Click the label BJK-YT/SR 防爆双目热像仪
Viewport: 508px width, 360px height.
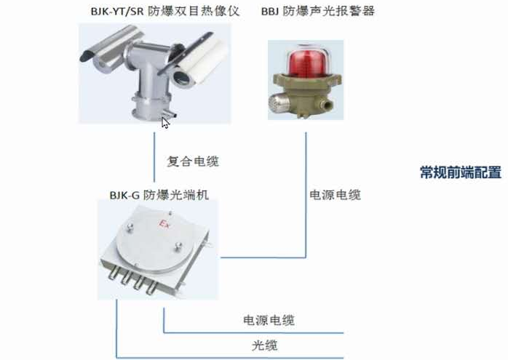(165, 12)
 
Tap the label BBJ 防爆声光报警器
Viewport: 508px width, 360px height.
(318, 12)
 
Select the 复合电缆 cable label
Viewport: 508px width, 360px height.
(193, 161)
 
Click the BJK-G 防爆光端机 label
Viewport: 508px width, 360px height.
(159, 195)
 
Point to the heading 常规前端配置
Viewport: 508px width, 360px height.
(461, 172)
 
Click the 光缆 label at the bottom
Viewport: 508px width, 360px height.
(264, 345)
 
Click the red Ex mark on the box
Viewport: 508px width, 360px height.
(164, 223)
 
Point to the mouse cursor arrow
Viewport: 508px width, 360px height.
(165, 123)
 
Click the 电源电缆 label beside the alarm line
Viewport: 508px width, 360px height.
(335, 195)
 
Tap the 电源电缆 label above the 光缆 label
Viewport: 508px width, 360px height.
(269, 321)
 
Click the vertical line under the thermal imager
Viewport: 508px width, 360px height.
(154, 157)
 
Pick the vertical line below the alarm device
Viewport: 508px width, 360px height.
(306, 195)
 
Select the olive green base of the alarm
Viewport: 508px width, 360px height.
(306, 93)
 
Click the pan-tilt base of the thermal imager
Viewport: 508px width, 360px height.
(151, 104)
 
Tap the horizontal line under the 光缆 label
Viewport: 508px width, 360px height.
(230, 358)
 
